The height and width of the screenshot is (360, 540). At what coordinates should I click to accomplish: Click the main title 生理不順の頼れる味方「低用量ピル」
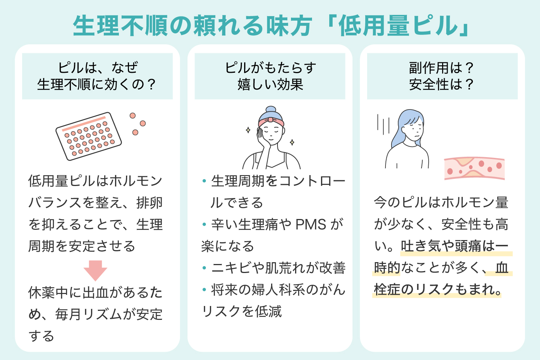click(270, 25)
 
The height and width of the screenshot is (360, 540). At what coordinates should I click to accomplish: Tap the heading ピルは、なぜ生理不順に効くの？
click(97, 76)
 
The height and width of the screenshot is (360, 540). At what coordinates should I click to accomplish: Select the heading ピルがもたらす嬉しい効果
click(270, 76)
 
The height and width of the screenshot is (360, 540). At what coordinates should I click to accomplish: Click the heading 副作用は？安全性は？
click(442, 76)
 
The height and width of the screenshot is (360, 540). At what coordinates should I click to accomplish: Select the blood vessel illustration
click(474, 168)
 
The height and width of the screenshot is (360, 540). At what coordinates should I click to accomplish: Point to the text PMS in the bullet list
click(311, 225)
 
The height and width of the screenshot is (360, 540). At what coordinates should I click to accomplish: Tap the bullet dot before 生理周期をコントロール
click(204, 181)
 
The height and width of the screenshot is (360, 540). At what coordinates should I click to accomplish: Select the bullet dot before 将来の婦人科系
click(204, 289)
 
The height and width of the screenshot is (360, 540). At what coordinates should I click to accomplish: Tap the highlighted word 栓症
click(387, 289)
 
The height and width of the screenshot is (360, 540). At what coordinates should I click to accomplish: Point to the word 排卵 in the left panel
click(149, 203)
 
